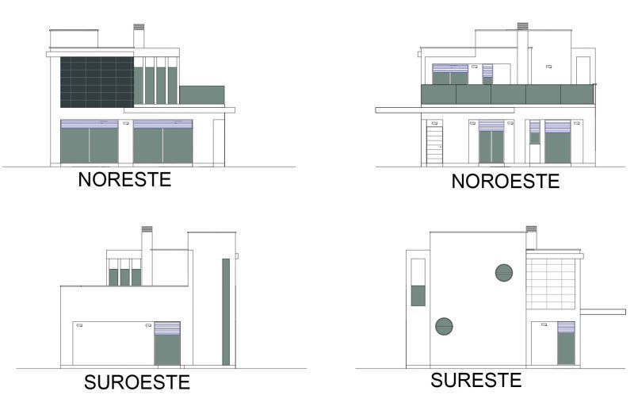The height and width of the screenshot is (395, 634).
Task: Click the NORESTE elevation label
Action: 124,180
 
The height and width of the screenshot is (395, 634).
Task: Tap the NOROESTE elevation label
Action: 506,181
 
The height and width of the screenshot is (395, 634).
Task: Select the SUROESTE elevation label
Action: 137,382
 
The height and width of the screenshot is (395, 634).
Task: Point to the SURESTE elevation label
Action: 476,380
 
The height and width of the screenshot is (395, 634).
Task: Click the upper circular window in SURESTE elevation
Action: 504,273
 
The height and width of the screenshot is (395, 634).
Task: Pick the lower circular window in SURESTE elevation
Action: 444,326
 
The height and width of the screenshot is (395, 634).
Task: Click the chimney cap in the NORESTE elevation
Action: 139,27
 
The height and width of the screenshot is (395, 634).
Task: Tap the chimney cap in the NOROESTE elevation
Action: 522,26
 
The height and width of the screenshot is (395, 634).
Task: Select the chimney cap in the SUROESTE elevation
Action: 147,229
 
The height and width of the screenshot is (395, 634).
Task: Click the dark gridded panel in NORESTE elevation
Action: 97,82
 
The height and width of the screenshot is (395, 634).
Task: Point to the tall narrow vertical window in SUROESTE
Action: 226,312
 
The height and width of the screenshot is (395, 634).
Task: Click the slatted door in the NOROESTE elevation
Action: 434,145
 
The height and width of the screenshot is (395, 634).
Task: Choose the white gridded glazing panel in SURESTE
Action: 551,284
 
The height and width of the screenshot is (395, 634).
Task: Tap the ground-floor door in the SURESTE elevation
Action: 566,343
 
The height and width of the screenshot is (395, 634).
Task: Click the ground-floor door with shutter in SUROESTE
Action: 167,343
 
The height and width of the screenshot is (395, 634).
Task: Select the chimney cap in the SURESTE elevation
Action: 531,229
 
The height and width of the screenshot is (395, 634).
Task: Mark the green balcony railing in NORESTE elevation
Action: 202,95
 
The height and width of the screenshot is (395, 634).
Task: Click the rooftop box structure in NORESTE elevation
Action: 74,38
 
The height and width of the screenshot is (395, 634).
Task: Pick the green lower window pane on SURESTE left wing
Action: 418,295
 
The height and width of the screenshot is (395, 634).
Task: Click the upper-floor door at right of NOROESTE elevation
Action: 583,71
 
